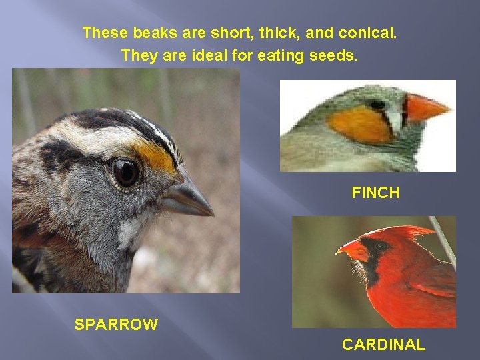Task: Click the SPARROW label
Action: [x=116, y=325]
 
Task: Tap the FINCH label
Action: [x=375, y=193]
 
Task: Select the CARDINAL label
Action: [x=383, y=345]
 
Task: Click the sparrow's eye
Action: [x=125, y=172]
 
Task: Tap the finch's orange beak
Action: [x=425, y=108]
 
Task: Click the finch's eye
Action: [x=378, y=105]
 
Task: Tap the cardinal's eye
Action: [x=379, y=246]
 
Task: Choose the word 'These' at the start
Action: [x=101, y=33]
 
